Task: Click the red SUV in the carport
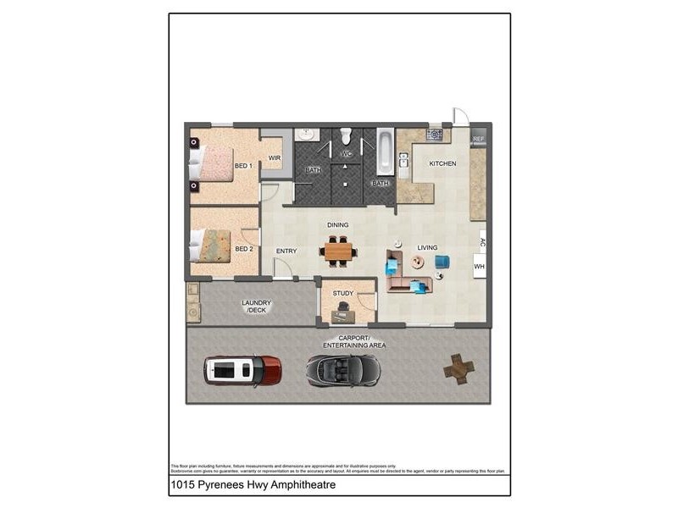coord(242,370)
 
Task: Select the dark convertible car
coord(343,370)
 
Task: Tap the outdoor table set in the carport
coord(458,368)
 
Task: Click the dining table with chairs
coord(339,251)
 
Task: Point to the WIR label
coord(275,157)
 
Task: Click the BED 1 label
coord(244,166)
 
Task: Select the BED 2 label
coord(244,249)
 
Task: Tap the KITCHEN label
coord(442,163)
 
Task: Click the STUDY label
coord(342,294)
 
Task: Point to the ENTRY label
coord(286,251)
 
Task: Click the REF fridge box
coord(479,139)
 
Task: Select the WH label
coord(479,267)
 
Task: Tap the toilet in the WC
coord(346,136)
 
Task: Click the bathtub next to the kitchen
coord(385,151)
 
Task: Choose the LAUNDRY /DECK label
coord(256,306)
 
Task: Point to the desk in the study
coord(344,315)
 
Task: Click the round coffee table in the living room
coord(417,262)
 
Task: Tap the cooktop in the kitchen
coord(435,134)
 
